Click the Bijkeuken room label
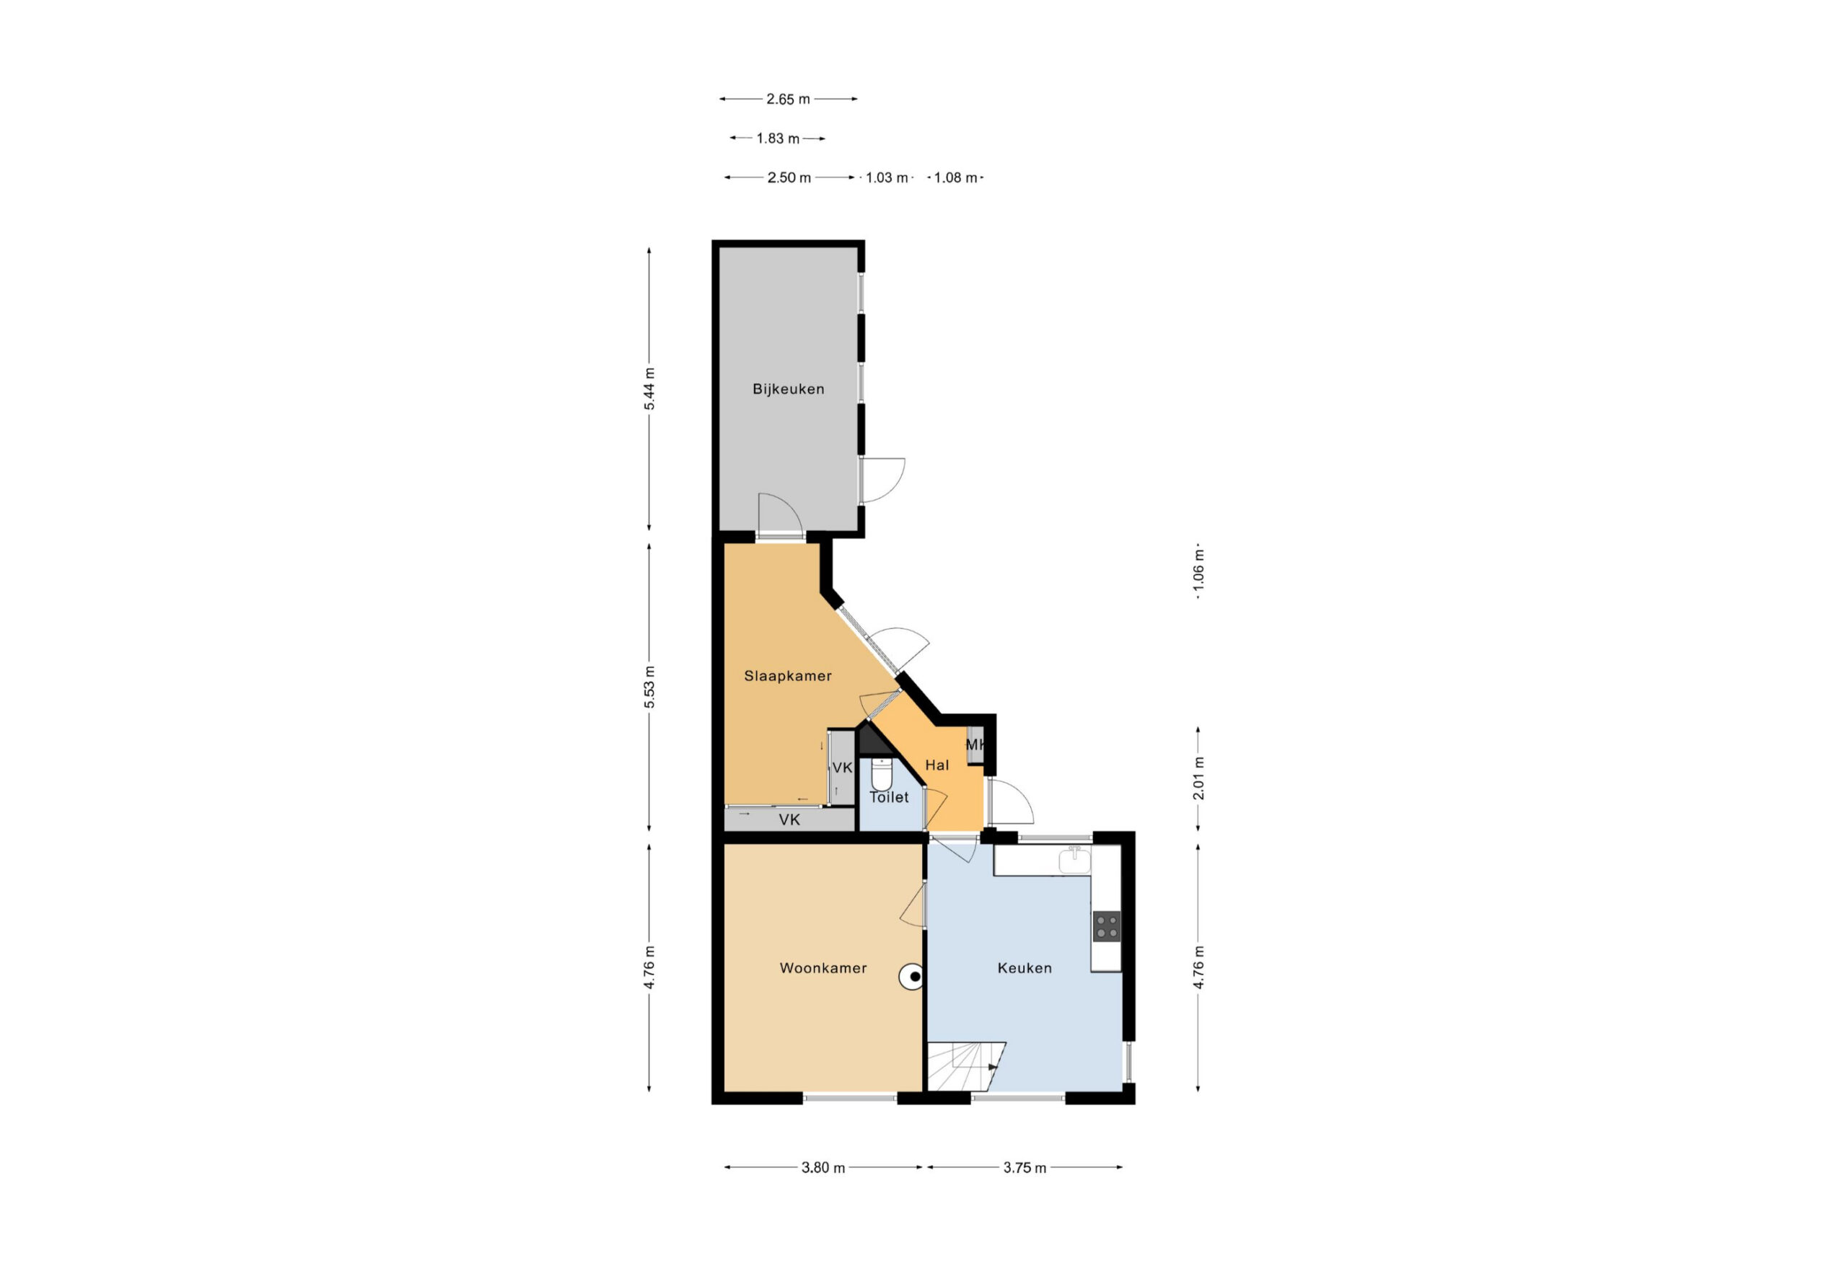(788, 390)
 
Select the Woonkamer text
(822, 968)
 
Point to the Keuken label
(1025, 968)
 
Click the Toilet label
(889, 797)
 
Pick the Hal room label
(937, 765)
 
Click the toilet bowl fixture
(882, 773)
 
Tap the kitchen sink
(1074, 860)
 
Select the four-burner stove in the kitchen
(1106, 926)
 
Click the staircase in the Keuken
(965, 1066)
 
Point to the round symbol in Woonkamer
(913, 977)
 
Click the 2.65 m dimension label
(788, 100)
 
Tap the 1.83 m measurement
(777, 139)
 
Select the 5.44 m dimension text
(649, 389)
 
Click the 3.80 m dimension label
(822, 1167)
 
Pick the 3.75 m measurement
(1025, 1167)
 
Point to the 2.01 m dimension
(1198, 778)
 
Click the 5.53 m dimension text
(649, 687)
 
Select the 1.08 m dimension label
(955, 178)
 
